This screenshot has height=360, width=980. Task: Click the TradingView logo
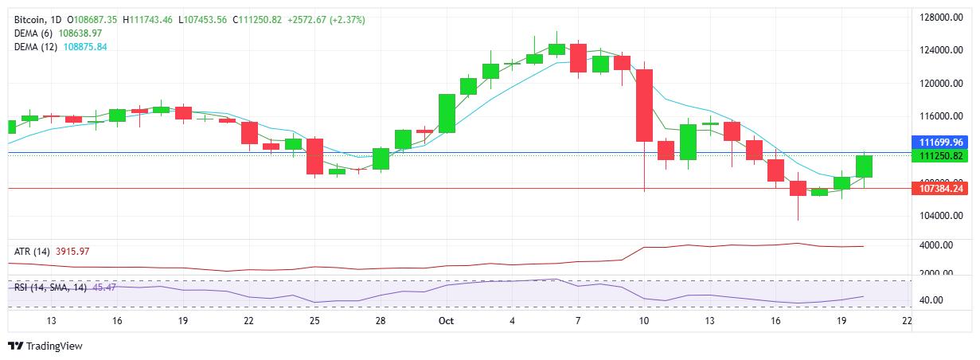(x=45, y=346)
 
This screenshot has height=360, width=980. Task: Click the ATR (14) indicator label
(x=32, y=252)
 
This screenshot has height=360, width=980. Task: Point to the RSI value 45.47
(x=104, y=287)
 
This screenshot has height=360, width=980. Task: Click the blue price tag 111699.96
(x=942, y=141)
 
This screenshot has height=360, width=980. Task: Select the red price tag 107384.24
(x=942, y=189)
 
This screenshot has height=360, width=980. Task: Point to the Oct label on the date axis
(x=446, y=320)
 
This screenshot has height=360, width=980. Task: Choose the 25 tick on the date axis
(x=314, y=320)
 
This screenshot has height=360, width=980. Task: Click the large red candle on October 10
(x=644, y=105)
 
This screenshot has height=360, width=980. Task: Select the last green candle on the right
(x=865, y=166)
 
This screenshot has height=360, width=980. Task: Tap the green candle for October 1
(x=447, y=113)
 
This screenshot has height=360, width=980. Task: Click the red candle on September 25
(x=315, y=156)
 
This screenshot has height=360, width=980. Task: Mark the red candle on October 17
(x=798, y=188)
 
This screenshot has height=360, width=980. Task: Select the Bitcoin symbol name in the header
(x=29, y=18)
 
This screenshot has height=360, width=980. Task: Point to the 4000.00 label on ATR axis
(x=938, y=245)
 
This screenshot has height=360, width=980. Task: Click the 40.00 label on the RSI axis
(x=933, y=300)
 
